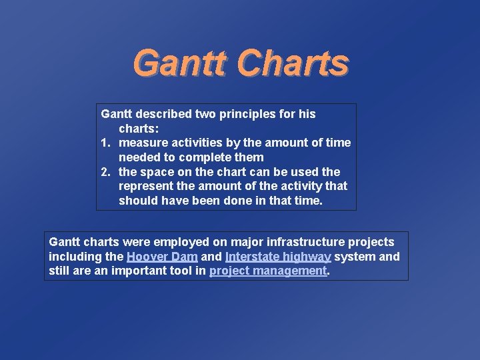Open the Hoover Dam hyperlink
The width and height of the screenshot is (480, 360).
[x=162, y=257]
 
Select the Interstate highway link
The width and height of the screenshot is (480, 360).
[x=278, y=257]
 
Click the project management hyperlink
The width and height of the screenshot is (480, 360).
[x=268, y=271]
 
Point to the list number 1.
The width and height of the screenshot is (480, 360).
[x=105, y=143]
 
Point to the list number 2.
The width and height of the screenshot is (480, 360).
[x=105, y=172]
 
